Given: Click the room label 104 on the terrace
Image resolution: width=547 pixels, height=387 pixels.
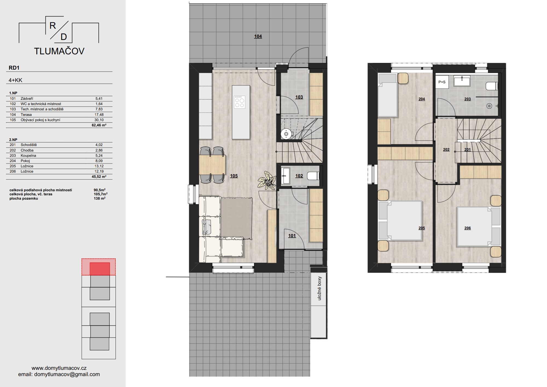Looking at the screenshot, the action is click(258, 36).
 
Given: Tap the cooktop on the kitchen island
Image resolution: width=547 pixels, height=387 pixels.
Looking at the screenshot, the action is click(240, 102).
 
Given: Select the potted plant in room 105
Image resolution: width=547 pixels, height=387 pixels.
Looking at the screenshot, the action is click(267, 181).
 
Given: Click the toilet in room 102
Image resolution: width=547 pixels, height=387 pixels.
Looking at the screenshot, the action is click(313, 176).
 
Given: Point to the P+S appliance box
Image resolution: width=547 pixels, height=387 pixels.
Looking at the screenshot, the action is click(442, 82).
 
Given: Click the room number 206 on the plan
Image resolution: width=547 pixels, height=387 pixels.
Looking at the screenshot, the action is click(467, 228).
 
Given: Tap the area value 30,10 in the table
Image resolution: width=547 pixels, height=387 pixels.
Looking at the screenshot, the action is click(99, 120).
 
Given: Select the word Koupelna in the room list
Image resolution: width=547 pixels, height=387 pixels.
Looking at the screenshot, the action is click(28, 155).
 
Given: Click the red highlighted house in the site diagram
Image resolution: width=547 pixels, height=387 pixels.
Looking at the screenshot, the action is click(100, 269).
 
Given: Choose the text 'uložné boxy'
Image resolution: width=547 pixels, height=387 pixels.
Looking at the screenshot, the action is click(319, 289).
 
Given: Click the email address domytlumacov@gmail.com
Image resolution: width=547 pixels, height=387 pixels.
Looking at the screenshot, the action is click(67, 374).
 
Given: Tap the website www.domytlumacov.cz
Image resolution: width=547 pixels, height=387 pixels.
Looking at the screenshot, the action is click(59, 368).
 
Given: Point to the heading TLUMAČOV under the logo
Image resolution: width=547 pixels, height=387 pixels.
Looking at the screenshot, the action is click(59, 51).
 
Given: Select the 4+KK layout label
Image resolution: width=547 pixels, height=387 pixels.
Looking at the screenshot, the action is click(15, 80).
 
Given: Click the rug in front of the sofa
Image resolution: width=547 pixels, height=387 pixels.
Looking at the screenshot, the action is click(237, 218).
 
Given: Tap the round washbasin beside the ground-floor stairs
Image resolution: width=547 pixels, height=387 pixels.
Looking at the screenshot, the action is click(286, 134).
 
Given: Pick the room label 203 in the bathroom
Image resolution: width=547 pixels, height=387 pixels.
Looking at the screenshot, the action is click(467, 99).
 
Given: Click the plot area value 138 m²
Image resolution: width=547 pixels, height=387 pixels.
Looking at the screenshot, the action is click(100, 198).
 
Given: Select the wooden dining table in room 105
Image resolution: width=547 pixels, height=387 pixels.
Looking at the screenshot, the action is click(212, 165).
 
